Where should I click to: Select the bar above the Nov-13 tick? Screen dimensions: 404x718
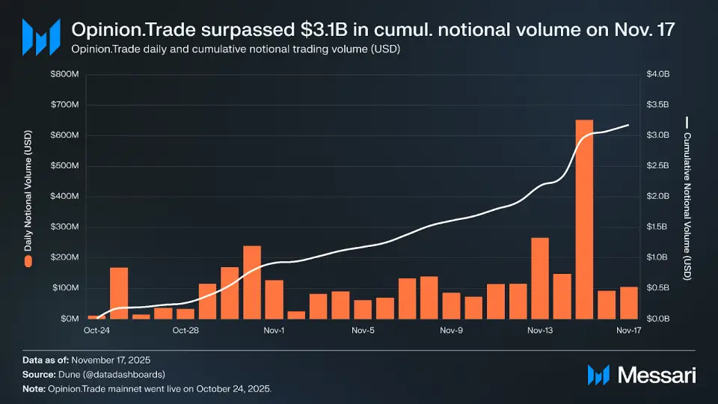point(540,278)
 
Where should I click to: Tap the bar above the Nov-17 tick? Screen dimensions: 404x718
point(628,303)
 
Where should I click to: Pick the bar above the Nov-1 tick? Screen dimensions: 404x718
point(274,299)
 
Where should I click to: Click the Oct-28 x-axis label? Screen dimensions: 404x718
point(185,330)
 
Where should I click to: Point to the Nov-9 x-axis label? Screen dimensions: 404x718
point(452,330)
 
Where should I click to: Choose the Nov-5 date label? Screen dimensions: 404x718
point(363,330)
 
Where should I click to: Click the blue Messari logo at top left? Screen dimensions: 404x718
point(41,36)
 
